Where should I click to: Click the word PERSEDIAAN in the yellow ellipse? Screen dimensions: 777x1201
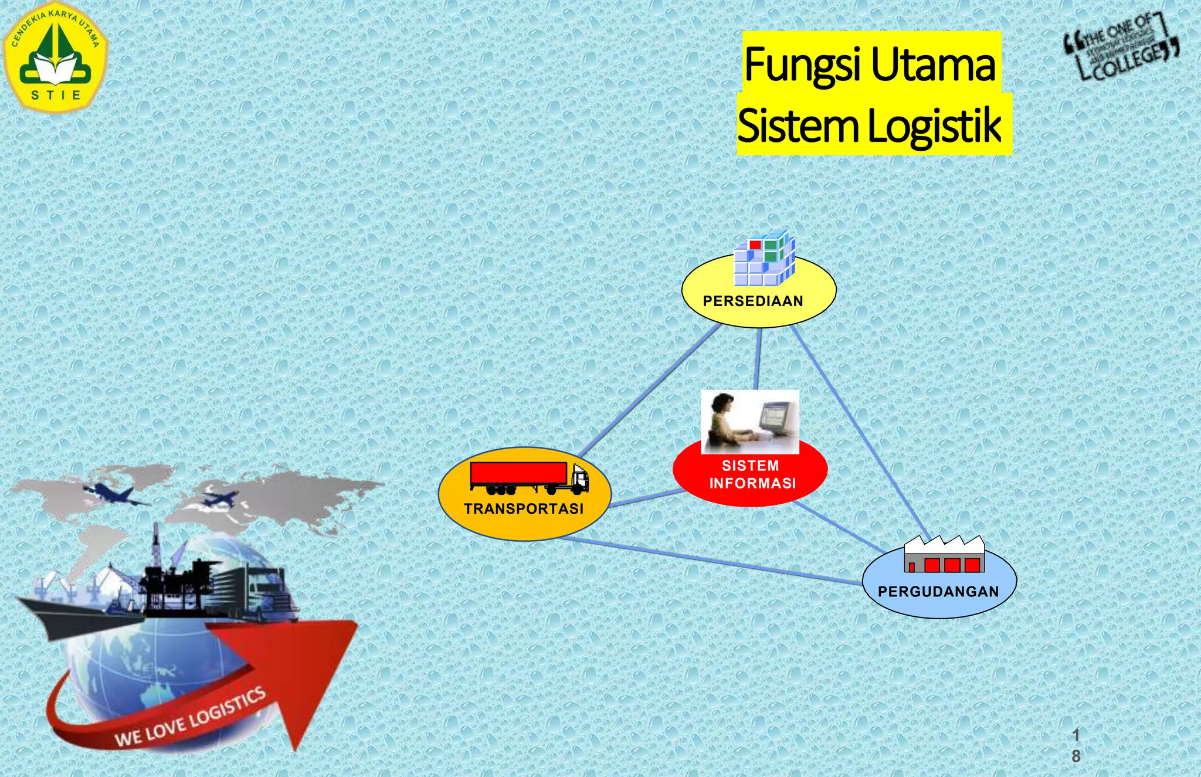pos(753,301)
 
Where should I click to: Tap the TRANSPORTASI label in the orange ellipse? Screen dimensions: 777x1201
pos(524,509)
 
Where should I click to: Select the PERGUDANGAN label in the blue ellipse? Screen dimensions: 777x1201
pos(938,592)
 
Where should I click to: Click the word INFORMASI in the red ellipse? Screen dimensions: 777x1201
pos(752,484)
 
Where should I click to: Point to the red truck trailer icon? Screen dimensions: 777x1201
pos(518,474)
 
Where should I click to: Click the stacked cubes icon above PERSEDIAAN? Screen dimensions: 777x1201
pos(765,258)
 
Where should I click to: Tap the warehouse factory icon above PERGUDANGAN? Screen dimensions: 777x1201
pos(944,554)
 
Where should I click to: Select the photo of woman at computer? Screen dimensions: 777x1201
pos(750,422)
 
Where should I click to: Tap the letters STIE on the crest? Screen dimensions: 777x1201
pos(56,95)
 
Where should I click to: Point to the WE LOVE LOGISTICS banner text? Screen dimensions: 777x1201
pos(191,717)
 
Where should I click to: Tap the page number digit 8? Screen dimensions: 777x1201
pos(1076,756)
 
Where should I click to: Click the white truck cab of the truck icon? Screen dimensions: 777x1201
pos(579,479)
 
